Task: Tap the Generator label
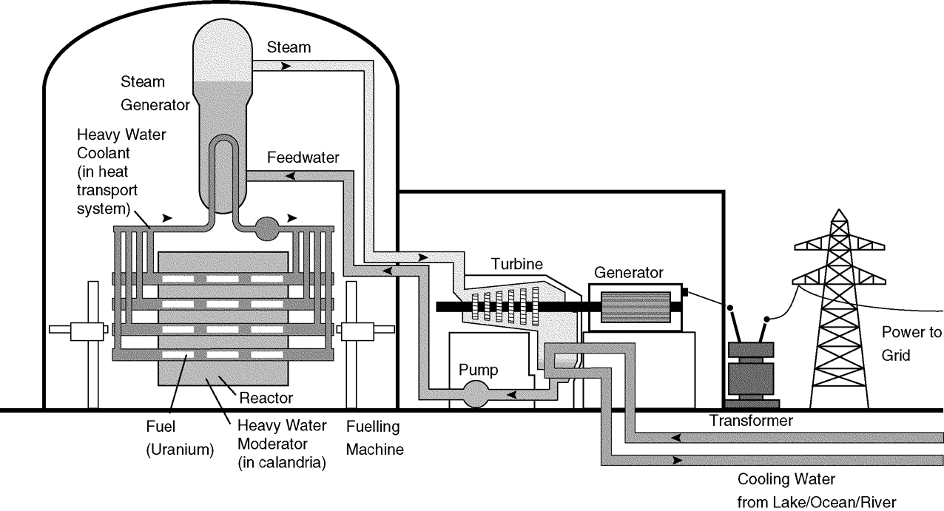click(x=627, y=272)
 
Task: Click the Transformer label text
click(x=752, y=421)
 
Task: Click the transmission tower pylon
click(x=839, y=311)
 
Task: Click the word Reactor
click(x=266, y=398)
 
